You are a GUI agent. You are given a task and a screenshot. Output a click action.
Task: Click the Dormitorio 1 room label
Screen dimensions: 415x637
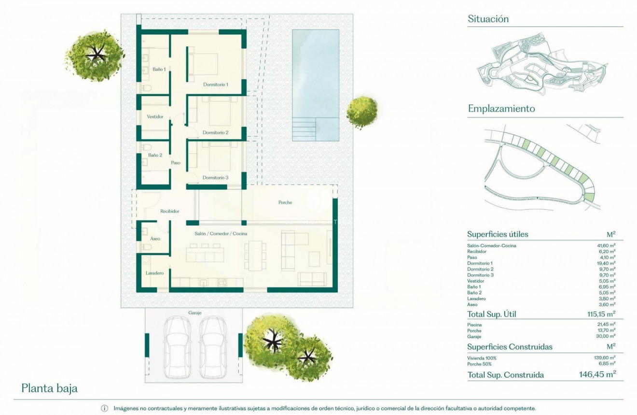point(215,85)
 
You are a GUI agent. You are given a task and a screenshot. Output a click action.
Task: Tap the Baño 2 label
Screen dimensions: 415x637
point(155,155)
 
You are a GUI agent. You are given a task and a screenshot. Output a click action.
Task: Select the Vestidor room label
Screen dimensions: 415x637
point(155,116)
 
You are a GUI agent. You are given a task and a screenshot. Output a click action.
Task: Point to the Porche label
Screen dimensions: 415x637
point(285,202)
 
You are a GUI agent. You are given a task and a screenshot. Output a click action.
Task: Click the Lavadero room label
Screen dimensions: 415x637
point(155,273)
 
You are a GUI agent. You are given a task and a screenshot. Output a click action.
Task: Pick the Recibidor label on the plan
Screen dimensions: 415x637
point(169,211)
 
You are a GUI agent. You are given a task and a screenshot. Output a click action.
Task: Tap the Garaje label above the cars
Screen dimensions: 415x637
point(195,313)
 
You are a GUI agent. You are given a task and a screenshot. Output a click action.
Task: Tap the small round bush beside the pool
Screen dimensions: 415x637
point(362,112)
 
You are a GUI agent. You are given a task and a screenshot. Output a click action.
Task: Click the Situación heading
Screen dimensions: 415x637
point(488,19)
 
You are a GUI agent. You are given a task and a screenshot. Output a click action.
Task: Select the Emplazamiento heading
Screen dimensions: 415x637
point(501,109)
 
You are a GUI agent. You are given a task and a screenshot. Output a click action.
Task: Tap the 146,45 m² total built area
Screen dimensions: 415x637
point(597,374)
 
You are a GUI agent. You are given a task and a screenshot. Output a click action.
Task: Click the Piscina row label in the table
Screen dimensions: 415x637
point(474,325)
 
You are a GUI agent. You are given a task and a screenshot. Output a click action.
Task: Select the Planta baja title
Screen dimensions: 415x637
point(49,388)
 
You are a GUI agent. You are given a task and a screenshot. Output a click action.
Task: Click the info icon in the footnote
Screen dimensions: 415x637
point(105,409)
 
